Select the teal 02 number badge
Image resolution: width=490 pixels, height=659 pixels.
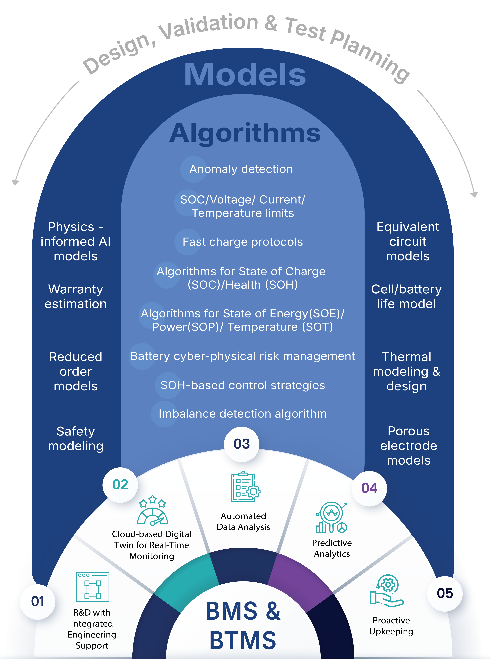[120, 485]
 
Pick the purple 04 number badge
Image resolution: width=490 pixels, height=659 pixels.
[369, 488]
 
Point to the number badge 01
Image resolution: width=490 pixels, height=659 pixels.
[38, 602]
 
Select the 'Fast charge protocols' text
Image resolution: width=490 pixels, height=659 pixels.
[243, 242]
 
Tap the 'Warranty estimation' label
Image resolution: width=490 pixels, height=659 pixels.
[76, 297]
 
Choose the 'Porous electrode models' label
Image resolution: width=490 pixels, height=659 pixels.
[408, 446]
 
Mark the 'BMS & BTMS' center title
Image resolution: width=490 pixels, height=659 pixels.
[243, 625]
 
